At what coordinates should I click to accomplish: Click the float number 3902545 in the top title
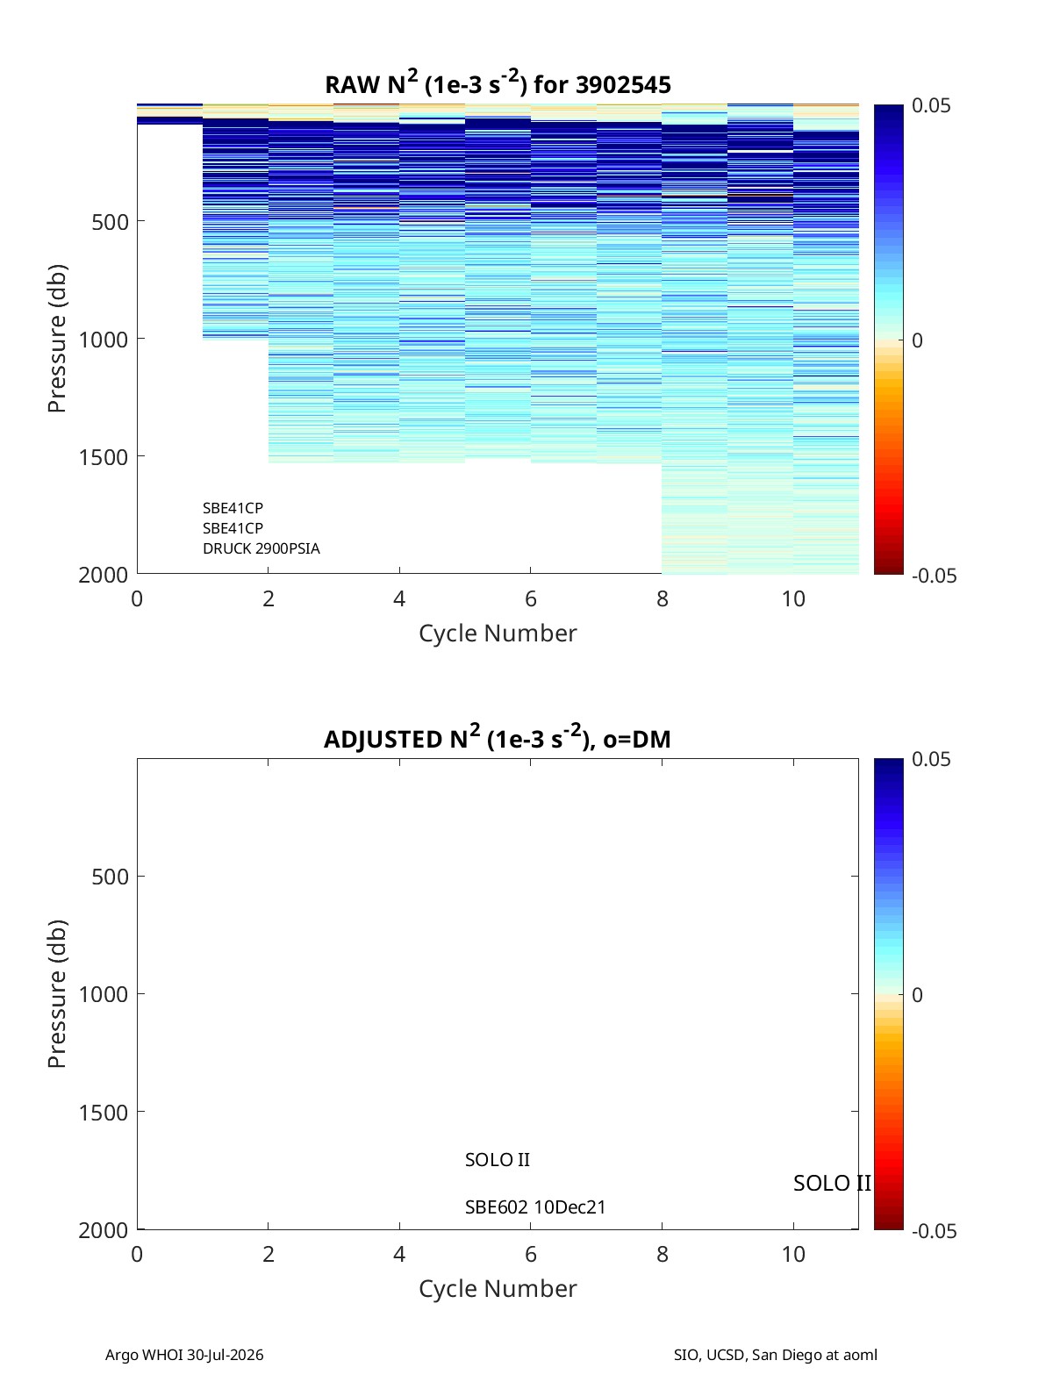point(623,85)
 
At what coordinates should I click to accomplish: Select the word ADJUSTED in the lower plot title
point(383,740)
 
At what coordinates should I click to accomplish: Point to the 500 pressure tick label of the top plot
point(110,222)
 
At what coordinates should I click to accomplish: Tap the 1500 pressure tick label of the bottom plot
point(104,1113)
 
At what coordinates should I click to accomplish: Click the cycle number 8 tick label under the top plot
point(663,598)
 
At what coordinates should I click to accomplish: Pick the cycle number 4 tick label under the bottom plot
point(399,1254)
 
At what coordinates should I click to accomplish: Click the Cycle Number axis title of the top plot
point(498,634)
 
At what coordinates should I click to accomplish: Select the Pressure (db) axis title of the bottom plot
point(56,993)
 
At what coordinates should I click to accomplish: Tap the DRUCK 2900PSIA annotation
point(261,548)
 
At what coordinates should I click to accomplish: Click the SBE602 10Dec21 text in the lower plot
point(535,1207)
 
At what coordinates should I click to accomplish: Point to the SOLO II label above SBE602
point(498,1160)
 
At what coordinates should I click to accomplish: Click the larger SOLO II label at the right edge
point(832,1183)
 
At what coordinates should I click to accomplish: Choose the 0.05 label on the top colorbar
point(931,105)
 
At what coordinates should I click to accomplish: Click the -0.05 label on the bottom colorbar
point(934,1231)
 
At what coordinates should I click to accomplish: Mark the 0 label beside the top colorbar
point(917,340)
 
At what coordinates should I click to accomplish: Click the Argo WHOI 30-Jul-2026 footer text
point(184,1355)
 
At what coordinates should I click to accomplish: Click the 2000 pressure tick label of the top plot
point(104,575)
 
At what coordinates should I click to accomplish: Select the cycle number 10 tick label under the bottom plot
point(793,1254)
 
